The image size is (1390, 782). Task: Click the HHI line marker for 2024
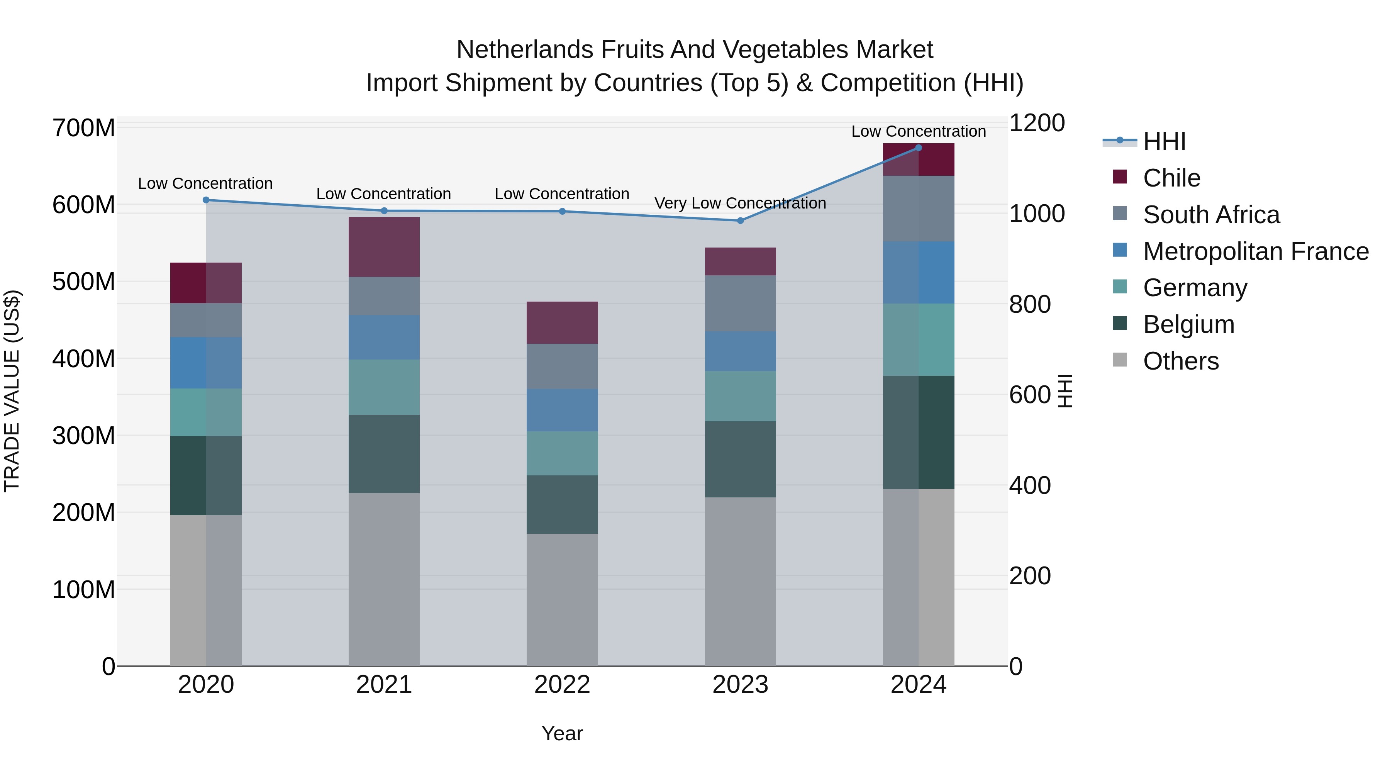click(x=919, y=148)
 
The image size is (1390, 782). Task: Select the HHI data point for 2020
click(x=205, y=200)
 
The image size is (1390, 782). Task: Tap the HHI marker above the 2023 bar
click(x=740, y=221)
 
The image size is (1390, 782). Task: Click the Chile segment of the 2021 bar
click(x=384, y=247)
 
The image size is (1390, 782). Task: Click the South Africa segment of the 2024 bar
click(x=919, y=208)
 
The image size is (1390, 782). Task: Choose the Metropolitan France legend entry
click(x=1256, y=251)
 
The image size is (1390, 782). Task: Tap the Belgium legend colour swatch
click(x=1120, y=323)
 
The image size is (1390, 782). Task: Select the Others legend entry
click(x=1181, y=361)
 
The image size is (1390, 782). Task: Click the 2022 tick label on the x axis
click(x=562, y=685)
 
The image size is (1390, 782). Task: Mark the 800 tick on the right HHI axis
click(x=1029, y=304)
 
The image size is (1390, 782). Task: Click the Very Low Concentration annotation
click(x=740, y=204)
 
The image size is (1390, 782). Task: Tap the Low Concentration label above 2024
click(x=919, y=132)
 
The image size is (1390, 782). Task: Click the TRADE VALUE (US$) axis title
click(x=12, y=391)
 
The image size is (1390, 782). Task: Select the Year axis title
click(x=562, y=733)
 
